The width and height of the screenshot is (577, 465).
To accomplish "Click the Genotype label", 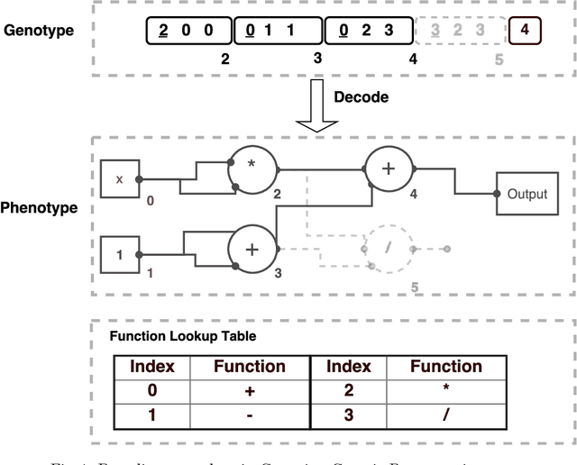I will (39, 30).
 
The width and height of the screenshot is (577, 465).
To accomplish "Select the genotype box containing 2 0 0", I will (188, 32).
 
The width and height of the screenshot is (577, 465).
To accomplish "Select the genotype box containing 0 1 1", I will (278, 32).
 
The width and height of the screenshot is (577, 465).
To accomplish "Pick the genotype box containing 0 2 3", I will (367, 32).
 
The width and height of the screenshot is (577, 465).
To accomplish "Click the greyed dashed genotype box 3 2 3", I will (458, 32).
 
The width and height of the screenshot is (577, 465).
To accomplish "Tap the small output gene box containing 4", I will (525, 31).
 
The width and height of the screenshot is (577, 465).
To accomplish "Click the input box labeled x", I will (119, 179).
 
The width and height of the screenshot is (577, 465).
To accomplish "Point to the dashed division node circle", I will (389, 247).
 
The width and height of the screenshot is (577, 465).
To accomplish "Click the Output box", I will (527, 194).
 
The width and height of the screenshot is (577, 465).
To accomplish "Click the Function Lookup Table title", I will (182, 336).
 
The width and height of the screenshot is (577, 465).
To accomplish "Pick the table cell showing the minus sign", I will (249, 415).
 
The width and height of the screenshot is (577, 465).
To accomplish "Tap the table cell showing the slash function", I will (445, 415).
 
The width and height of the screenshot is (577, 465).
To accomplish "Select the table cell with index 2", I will (347, 391).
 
